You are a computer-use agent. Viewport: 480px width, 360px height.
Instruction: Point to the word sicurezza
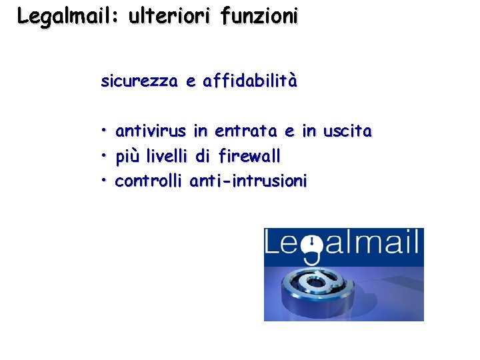click(x=139, y=81)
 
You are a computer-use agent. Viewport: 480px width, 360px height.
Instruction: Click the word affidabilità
click(x=250, y=81)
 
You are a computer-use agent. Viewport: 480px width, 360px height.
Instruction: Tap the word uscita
click(x=347, y=131)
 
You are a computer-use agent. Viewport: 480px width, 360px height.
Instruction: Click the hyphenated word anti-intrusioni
click(x=248, y=181)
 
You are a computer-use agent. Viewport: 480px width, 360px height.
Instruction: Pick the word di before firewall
click(x=203, y=156)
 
